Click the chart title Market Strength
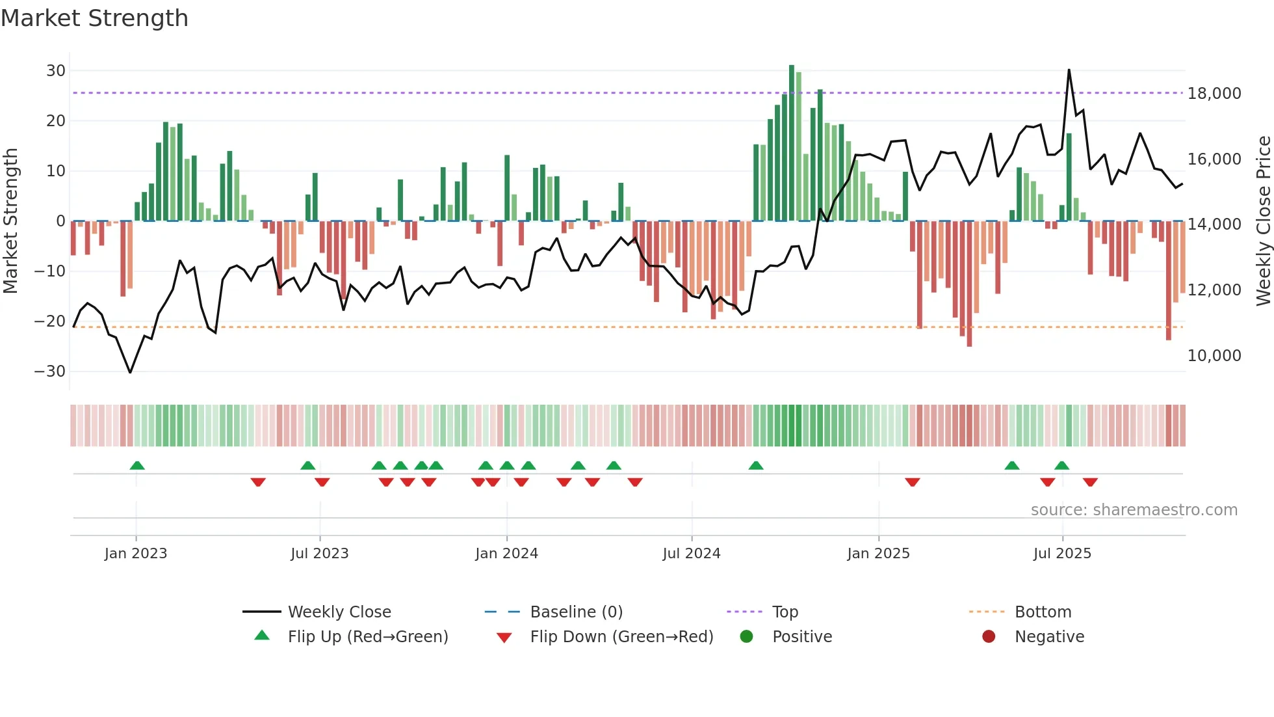94,18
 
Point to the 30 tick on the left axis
56,70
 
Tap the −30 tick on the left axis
50,372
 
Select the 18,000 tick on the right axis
1214,94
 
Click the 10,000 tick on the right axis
1214,356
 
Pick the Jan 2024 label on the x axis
506,554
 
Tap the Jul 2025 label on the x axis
1062,554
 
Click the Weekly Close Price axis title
1263,221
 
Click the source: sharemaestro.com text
1134,510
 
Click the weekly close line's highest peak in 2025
1069,70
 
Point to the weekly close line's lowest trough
130,372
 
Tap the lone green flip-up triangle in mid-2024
755,466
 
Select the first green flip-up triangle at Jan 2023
137,466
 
